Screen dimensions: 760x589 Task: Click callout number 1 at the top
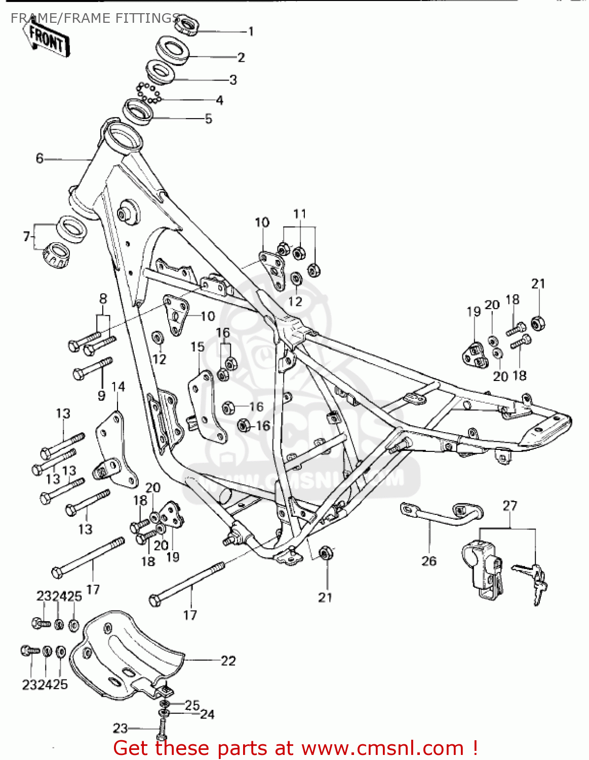tap(251, 31)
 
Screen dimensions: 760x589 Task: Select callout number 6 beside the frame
tap(40, 159)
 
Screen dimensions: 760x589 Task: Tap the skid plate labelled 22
tap(127, 654)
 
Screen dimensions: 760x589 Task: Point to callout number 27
tap(510, 506)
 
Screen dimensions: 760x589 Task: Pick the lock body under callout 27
tap(482, 567)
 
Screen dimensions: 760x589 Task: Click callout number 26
tap(428, 561)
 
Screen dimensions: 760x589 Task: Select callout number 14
tap(118, 387)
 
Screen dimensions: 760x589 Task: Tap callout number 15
tap(198, 347)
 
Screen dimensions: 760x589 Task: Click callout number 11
tap(300, 214)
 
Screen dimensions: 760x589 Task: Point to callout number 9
tap(101, 396)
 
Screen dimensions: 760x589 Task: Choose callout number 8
tap(103, 299)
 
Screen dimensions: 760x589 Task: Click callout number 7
tap(26, 236)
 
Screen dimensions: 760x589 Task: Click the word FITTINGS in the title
tap(147, 18)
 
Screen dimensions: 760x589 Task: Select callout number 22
tap(228, 661)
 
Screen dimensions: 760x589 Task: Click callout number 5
tap(208, 119)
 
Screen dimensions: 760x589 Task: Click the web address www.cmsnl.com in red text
tap(384, 748)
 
